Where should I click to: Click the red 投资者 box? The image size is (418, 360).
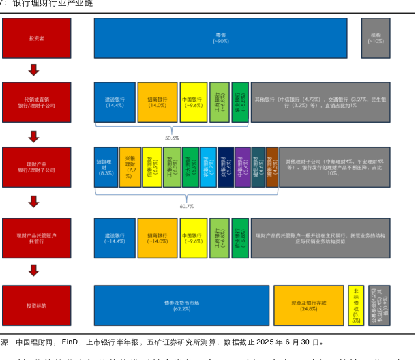(37, 37)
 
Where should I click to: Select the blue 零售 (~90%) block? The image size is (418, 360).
(221, 37)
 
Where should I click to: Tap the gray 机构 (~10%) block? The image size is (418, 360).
(376, 37)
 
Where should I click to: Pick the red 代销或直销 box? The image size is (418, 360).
(37, 102)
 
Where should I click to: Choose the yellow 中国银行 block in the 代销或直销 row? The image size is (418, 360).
(193, 102)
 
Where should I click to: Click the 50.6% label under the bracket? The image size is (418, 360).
(172, 137)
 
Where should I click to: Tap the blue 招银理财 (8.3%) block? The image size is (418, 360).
(105, 168)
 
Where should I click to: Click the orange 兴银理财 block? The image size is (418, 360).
(130, 168)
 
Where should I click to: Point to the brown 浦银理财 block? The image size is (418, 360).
(272, 168)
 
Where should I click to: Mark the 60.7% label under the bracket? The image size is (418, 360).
(186, 205)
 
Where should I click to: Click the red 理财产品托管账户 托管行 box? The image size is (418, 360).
(37, 238)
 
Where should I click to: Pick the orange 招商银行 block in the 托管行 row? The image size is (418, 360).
(158, 238)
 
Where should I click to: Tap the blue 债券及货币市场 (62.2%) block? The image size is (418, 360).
(181, 305)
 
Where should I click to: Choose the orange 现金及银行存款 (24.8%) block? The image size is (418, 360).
(308, 305)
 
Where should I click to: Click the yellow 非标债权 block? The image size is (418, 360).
(355, 305)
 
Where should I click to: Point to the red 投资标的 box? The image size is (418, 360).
(37, 305)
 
